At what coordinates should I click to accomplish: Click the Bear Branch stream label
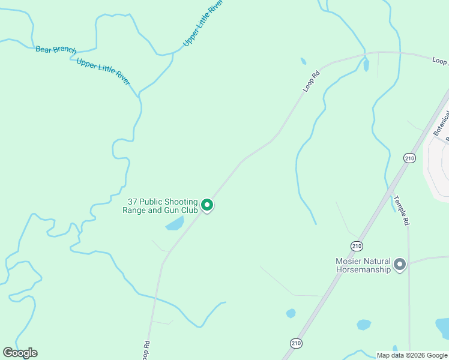click(x=56, y=49)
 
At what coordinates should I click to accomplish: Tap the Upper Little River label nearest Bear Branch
click(x=103, y=71)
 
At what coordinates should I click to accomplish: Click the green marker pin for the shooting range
click(x=207, y=205)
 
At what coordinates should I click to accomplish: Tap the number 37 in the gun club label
click(x=133, y=202)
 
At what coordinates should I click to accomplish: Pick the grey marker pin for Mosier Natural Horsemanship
click(x=400, y=264)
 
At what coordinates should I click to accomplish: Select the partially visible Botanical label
click(x=441, y=124)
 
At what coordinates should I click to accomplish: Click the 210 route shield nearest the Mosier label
click(x=357, y=246)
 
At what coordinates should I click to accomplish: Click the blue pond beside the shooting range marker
click(x=175, y=224)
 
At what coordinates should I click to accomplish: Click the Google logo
click(x=20, y=353)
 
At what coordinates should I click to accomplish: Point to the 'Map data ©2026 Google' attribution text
click(x=412, y=355)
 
